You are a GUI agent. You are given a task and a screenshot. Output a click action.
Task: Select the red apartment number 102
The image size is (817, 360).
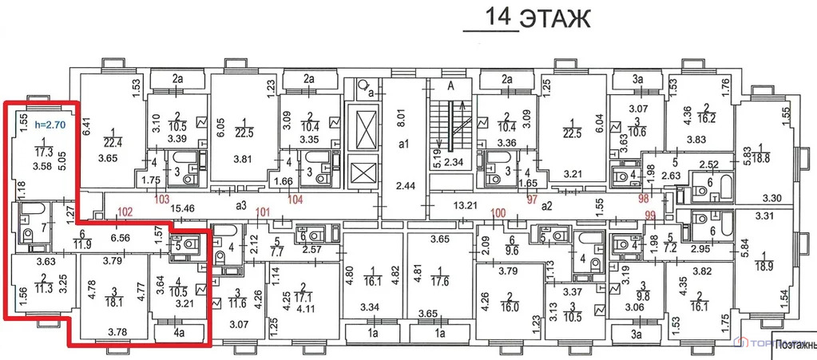pos(124,212)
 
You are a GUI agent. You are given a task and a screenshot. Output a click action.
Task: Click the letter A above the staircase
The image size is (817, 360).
pos(450,87)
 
